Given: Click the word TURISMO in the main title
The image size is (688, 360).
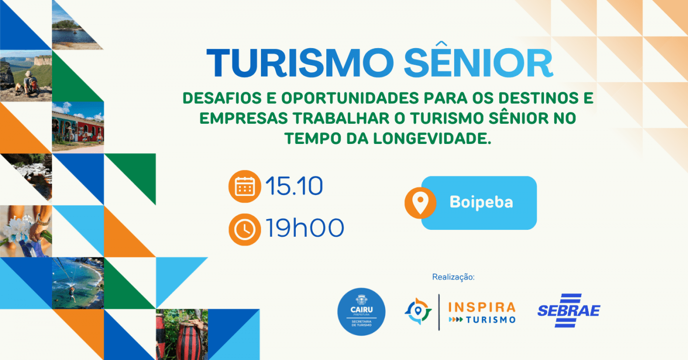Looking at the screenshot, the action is coord(300,62).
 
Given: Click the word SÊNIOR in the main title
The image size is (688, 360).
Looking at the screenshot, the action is coord(478,59).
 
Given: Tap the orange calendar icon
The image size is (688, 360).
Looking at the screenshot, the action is coord(245,186).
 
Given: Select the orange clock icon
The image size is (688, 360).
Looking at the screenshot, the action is coord(245,229).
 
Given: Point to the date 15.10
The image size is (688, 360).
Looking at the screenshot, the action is coord(294,186).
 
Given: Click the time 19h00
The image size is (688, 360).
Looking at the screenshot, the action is coord(304,228).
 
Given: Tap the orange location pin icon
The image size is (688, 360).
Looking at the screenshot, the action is coord(420,203).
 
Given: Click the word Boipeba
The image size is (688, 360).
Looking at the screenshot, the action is coord(481,202).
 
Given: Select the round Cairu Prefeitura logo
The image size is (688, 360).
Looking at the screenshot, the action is coord(361,311).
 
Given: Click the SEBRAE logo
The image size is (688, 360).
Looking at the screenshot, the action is coord(569,310).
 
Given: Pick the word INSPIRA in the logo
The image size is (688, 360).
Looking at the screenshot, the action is coord(482,307).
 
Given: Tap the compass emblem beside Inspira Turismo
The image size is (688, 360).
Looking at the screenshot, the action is coord(418,311).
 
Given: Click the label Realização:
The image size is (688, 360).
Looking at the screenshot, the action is coord(453,277).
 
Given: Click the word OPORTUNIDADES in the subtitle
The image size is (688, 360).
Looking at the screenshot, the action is coord(350,98).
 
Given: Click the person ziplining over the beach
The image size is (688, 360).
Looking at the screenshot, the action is coord(72,294).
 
